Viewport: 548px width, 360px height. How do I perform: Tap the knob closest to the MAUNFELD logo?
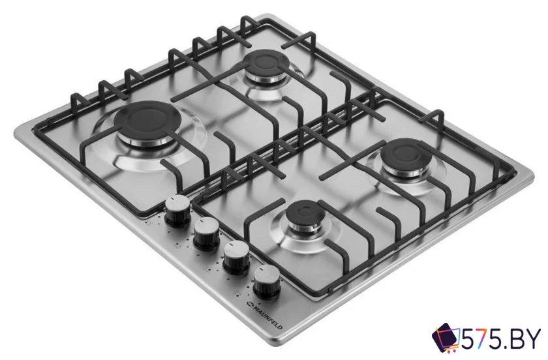265,280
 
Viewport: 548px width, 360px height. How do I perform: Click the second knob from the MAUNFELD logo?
236,257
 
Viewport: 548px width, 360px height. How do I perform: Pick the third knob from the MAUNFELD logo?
207,233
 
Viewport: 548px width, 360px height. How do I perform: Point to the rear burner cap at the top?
266,65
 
